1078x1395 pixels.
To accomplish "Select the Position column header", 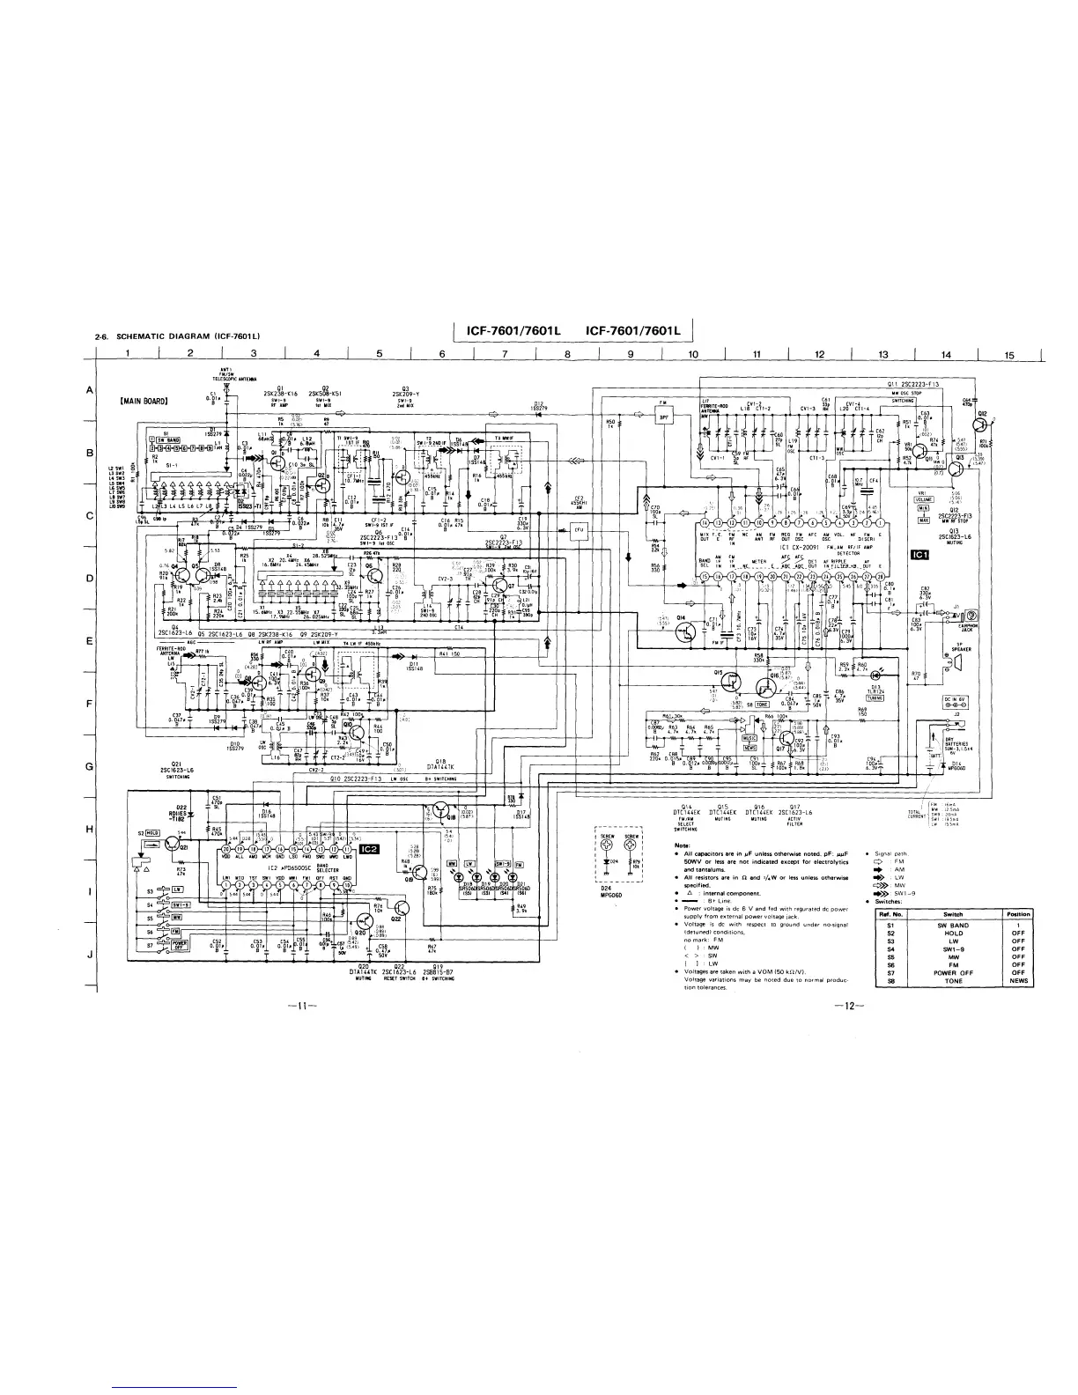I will tap(1018, 914).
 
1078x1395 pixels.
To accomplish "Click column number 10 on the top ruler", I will tap(692, 356).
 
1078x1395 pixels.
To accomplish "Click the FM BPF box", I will tap(679, 419).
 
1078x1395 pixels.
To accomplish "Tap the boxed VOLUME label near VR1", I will tap(924, 498).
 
